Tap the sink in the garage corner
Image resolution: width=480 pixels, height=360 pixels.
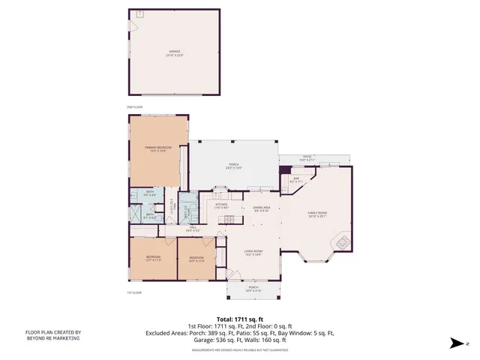139,14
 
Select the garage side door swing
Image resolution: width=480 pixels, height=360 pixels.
134,26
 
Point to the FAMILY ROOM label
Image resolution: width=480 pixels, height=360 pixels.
317,214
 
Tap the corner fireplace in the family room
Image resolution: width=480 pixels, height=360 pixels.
341,242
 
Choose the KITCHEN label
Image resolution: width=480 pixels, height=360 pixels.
221,205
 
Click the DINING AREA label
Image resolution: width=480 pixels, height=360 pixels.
262,209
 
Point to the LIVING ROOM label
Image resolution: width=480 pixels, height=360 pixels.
252,253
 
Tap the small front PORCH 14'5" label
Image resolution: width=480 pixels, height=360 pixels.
253,289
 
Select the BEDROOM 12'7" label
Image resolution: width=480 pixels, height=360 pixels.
153,259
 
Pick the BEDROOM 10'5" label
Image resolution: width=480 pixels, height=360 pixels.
196,259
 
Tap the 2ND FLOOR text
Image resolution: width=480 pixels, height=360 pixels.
134,108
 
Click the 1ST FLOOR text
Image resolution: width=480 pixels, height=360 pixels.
134,292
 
